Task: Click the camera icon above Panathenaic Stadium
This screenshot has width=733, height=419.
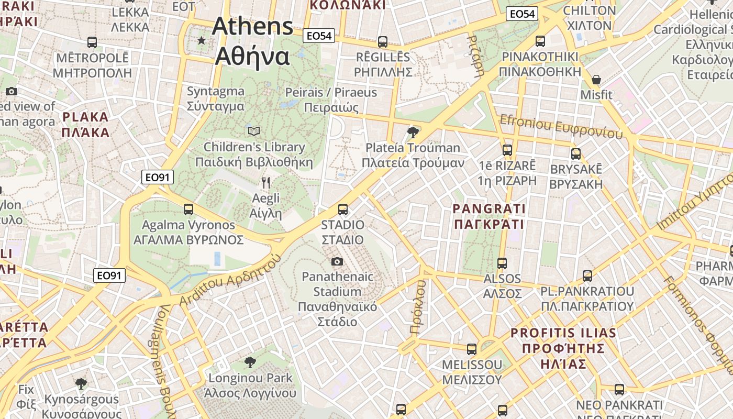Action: pos(337,261)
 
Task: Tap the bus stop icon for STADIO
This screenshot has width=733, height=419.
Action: pos(343,210)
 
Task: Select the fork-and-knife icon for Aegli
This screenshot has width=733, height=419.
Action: pos(266,182)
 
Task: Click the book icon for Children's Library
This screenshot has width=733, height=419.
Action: pos(254,131)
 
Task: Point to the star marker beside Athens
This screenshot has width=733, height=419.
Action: pos(202,40)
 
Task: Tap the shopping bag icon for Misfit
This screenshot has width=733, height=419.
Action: pos(596,80)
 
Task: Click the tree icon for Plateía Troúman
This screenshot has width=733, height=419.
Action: pos(413,132)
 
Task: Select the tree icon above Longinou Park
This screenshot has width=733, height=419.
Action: pos(250,362)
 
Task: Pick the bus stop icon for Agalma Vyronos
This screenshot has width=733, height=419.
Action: pos(188,210)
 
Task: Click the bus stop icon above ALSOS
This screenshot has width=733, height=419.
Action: pos(502,263)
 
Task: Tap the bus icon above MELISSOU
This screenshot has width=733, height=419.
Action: pos(472,349)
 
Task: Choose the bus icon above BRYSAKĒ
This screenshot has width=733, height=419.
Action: pos(576,154)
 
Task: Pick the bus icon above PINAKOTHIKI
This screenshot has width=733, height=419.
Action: pos(540,41)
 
